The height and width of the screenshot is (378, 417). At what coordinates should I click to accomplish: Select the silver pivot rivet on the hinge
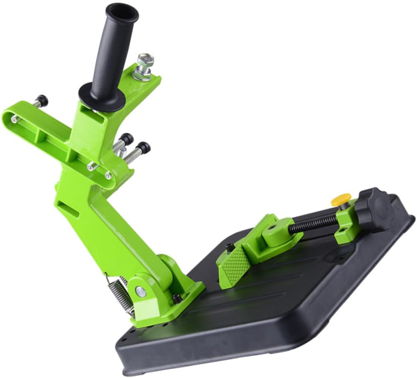(140, 292)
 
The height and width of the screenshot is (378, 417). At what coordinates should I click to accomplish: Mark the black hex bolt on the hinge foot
(177, 298)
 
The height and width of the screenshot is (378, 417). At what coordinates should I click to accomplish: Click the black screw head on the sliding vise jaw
(229, 248)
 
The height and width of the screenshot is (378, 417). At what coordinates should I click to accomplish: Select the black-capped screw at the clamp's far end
(41, 100)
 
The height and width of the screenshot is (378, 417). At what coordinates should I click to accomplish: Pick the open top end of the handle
(122, 12)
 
